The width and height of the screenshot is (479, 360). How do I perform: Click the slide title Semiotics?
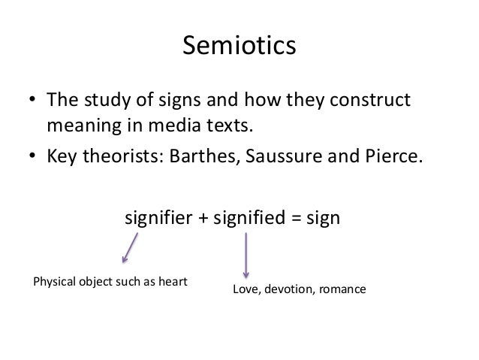pos(239,47)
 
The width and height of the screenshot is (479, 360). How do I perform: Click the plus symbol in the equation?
pos(203,219)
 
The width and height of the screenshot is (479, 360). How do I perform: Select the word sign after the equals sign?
pos(324,219)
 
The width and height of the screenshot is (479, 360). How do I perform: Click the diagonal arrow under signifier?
pos(130,248)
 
